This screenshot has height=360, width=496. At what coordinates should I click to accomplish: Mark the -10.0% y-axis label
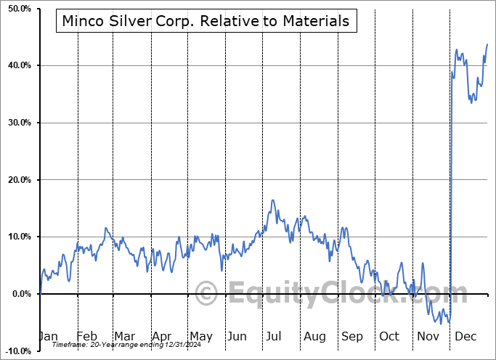click(x=17, y=351)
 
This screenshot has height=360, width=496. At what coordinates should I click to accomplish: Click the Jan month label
click(x=48, y=336)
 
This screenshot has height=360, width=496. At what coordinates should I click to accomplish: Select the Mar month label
click(x=124, y=336)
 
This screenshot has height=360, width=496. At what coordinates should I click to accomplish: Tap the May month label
click(x=200, y=336)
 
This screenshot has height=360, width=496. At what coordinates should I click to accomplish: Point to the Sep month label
click(x=352, y=336)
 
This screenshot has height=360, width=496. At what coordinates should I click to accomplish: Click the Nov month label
click(x=428, y=336)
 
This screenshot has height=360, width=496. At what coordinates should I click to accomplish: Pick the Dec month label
click(x=466, y=336)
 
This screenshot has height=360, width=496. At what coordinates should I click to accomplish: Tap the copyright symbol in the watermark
click(x=207, y=295)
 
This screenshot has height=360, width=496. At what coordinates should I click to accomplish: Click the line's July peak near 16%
click(x=272, y=200)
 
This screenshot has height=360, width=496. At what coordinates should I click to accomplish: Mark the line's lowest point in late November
click(x=449, y=322)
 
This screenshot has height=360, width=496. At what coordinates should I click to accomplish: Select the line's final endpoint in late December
click(x=487, y=44)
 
